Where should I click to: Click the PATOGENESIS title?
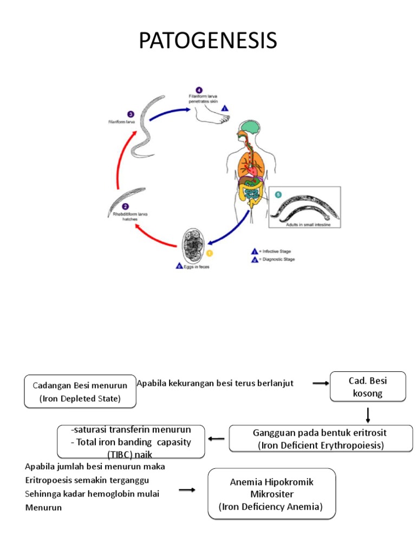click(x=208, y=40)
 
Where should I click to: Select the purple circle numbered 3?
click(x=131, y=114)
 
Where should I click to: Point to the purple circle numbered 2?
click(x=126, y=206)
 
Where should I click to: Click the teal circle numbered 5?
click(x=278, y=194)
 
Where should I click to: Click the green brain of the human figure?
click(x=251, y=129)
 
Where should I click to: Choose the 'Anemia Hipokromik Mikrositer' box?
click(x=271, y=494)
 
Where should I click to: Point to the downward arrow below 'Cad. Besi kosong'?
click(x=368, y=415)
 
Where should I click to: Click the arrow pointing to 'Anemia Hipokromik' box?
click(x=187, y=490)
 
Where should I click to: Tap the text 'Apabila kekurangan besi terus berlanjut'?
click(x=215, y=383)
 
